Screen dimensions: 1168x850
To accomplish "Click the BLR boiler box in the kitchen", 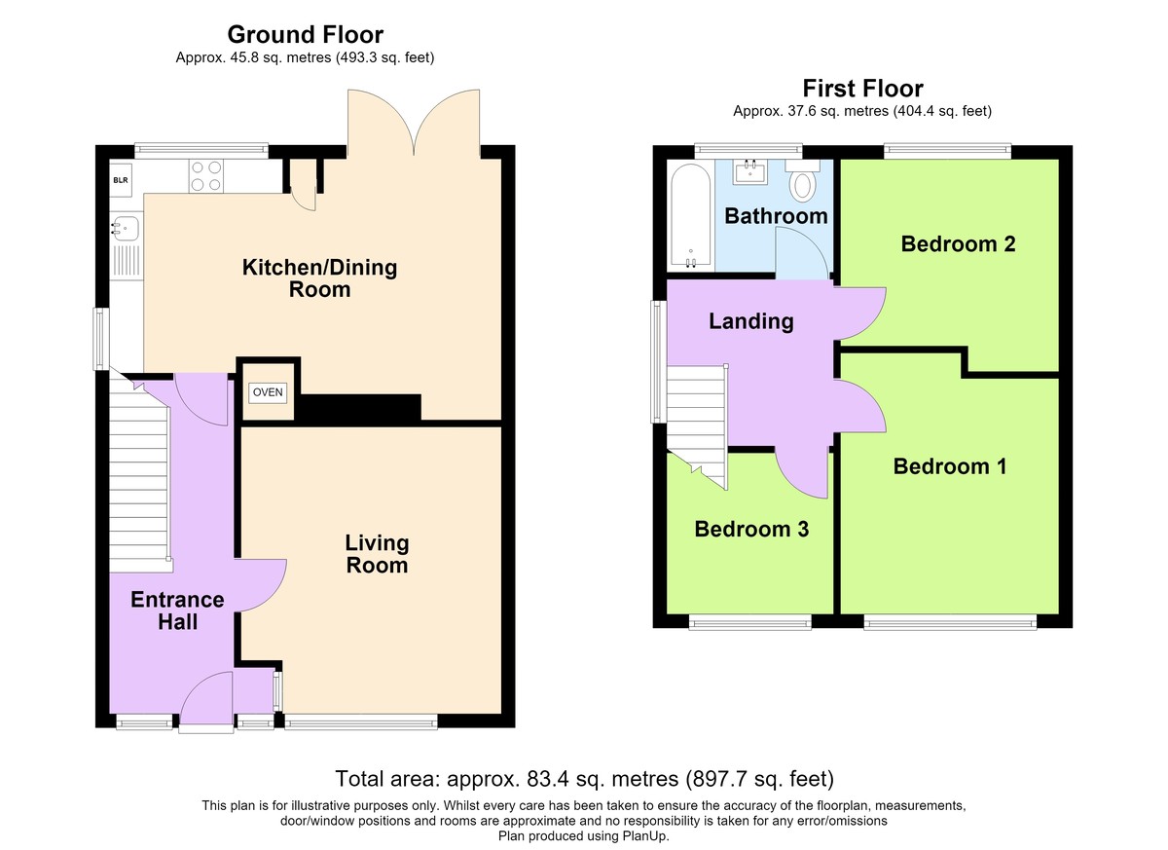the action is (x=121, y=180).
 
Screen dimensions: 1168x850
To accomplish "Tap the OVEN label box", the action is (x=268, y=392).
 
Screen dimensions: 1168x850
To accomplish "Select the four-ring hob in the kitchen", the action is (x=206, y=175).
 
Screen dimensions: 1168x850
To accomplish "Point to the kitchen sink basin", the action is (x=126, y=229).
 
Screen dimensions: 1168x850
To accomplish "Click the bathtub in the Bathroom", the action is (x=690, y=216).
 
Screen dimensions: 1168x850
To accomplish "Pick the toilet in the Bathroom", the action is (x=803, y=179).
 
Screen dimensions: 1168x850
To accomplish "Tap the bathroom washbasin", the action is (x=750, y=172).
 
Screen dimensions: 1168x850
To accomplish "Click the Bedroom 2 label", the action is (x=958, y=244).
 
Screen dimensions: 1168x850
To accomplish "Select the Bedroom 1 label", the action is (x=950, y=466).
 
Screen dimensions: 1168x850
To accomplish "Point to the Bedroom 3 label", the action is (x=751, y=530).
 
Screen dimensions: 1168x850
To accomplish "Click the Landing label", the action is (x=750, y=321).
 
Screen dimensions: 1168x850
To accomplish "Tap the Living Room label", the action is (x=377, y=554).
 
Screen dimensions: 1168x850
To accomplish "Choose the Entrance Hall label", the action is (x=177, y=610).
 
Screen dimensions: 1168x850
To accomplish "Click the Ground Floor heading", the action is (x=305, y=35).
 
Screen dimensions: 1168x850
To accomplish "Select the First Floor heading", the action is (x=862, y=89).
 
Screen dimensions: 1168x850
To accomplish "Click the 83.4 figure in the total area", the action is (x=547, y=779).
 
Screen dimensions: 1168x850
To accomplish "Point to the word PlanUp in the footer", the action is (x=645, y=837).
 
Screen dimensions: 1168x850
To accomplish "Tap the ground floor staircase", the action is (x=140, y=474).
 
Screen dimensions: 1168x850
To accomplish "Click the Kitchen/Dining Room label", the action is (x=319, y=278).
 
